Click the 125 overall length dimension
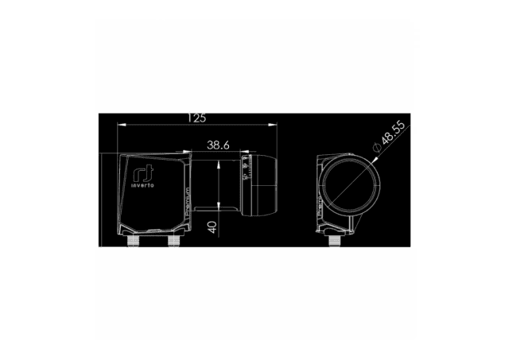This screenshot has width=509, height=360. [196, 118]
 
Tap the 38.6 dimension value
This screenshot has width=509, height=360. [218, 145]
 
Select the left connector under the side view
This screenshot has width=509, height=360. [132, 240]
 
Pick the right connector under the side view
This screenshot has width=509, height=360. [173, 240]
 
